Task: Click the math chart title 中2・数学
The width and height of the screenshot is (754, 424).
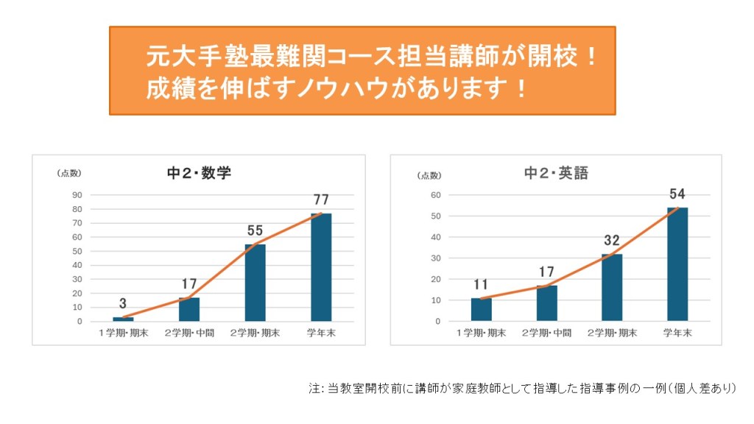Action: pyautogui.click(x=199, y=174)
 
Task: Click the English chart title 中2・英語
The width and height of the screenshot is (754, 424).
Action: pyautogui.click(x=556, y=174)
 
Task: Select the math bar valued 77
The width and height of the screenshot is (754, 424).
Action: pyautogui.click(x=321, y=266)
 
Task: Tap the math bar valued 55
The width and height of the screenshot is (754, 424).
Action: pyautogui.click(x=256, y=282)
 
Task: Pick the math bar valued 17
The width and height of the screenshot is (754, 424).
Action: pyautogui.click(x=189, y=309)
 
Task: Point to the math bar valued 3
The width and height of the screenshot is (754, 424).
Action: pyautogui.click(x=123, y=319)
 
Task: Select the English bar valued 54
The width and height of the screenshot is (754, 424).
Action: pyautogui.click(x=677, y=264)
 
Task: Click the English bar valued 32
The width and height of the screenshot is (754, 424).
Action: pyautogui.click(x=612, y=287)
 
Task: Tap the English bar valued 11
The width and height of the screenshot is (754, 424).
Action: pyautogui.click(x=482, y=309)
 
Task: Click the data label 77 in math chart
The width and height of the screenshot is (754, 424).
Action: pyautogui.click(x=321, y=199)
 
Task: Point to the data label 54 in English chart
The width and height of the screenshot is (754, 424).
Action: pyautogui.click(x=677, y=194)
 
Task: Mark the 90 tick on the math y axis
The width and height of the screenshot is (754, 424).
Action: pyautogui.click(x=77, y=195)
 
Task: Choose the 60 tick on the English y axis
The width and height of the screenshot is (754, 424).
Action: pyautogui.click(x=435, y=195)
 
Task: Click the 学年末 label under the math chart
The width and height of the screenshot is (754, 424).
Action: pyautogui.click(x=321, y=333)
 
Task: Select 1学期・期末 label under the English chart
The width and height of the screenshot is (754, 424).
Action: pyautogui.click(x=482, y=333)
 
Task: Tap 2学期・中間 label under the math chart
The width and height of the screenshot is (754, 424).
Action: pyautogui.click(x=189, y=333)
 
